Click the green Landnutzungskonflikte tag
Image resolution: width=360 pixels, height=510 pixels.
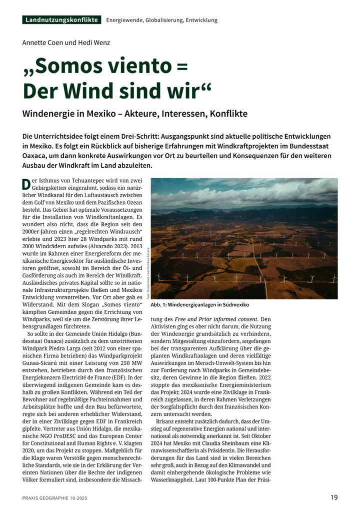61,20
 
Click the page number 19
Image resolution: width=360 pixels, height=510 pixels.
334,497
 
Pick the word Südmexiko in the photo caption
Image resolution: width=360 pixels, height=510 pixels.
232,305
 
